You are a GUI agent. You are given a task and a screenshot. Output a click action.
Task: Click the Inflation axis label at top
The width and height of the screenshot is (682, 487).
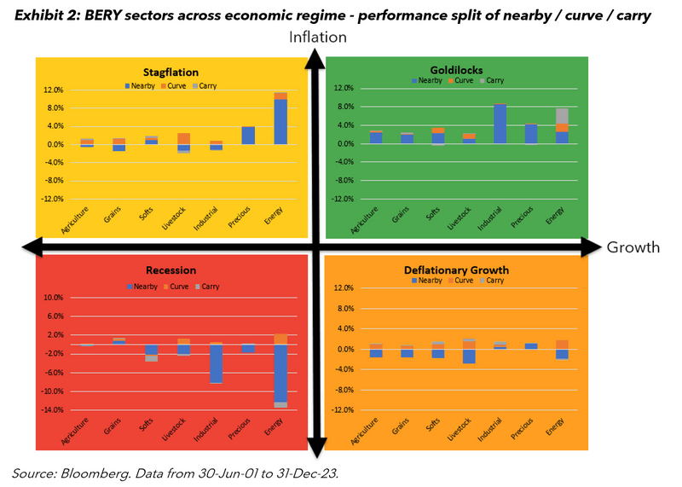(318, 37)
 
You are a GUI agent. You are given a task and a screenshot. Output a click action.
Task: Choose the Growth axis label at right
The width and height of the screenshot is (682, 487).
(633, 247)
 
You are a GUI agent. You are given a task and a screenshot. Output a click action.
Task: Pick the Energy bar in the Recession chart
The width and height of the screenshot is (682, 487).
(280, 372)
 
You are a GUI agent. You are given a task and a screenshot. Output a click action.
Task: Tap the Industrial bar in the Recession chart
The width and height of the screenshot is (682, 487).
(216, 363)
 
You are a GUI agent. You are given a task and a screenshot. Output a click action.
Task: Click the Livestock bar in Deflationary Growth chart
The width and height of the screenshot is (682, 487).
(469, 351)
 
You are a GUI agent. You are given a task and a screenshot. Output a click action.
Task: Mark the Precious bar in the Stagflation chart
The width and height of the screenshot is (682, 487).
(248, 135)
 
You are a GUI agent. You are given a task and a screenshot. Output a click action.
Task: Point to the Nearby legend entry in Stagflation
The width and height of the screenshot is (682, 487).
(142, 86)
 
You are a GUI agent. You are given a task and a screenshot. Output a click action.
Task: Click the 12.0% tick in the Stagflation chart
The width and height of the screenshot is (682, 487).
(53, 90)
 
